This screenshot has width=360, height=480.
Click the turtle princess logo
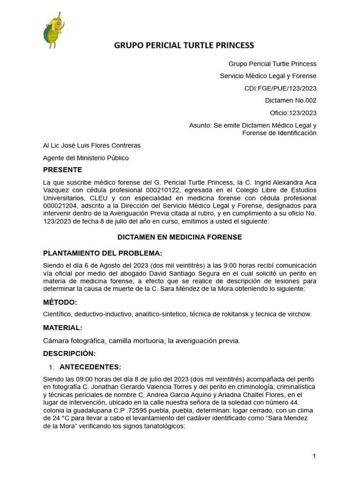(53, 32)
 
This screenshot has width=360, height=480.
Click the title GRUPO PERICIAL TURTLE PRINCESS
(184, 45)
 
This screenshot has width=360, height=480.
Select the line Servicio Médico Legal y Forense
(268, 76)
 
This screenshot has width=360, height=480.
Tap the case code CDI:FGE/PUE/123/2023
(280, 88)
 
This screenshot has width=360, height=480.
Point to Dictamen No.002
(291, 100)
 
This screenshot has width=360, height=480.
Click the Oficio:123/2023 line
(293, 112)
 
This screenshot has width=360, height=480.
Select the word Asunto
(200, 125)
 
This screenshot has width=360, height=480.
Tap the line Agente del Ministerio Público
(86, 158)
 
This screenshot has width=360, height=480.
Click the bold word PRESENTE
(62, 170)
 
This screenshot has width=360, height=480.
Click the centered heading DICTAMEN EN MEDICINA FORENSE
(180, 237)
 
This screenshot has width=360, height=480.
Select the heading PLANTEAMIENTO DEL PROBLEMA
(103, 254)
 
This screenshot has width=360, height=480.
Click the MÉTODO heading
(60, 302)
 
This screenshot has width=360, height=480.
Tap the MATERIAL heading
(63, 328)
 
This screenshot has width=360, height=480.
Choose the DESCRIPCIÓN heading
(69, 353)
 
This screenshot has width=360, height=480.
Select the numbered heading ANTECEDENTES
(90, 367)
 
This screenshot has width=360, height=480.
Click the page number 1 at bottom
(315, 456)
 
